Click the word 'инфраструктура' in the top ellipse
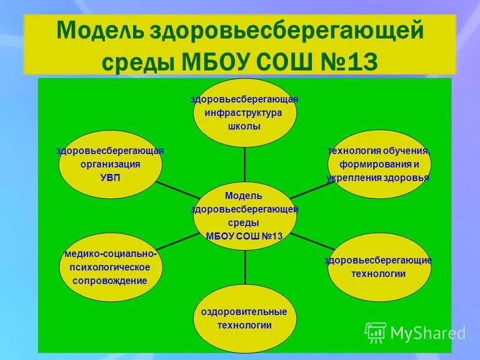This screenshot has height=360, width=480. coord(244,113)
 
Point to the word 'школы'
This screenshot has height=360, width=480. coord(244,127)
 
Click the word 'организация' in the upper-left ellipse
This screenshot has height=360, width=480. coord(110,164)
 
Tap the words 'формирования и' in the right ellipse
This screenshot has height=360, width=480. coord(379,164)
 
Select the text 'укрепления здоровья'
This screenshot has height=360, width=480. coord(378,178)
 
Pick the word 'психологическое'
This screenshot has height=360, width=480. coord(110,267)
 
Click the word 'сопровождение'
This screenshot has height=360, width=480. coord(110,280)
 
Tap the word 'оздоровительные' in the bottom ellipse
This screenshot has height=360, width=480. coord(244,311)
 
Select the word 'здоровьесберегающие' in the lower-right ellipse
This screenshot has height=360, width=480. coord(379,260)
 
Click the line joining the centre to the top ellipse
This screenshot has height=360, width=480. coord(244,165)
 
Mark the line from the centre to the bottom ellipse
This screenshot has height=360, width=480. coord(244,268)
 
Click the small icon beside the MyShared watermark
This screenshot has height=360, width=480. coord(376,332)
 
